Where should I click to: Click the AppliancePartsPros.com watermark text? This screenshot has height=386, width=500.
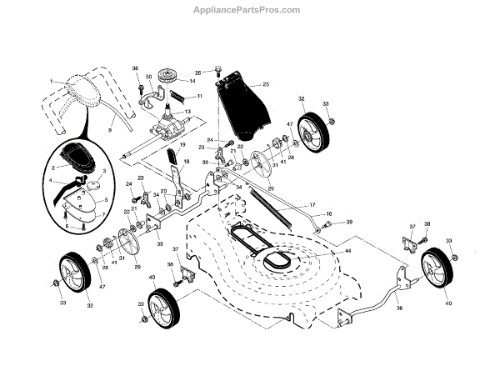[249, 9]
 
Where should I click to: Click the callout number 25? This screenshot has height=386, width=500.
[266, 84]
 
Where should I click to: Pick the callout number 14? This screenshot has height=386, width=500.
[192, 82]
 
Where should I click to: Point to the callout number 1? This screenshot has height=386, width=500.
[51, 81]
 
